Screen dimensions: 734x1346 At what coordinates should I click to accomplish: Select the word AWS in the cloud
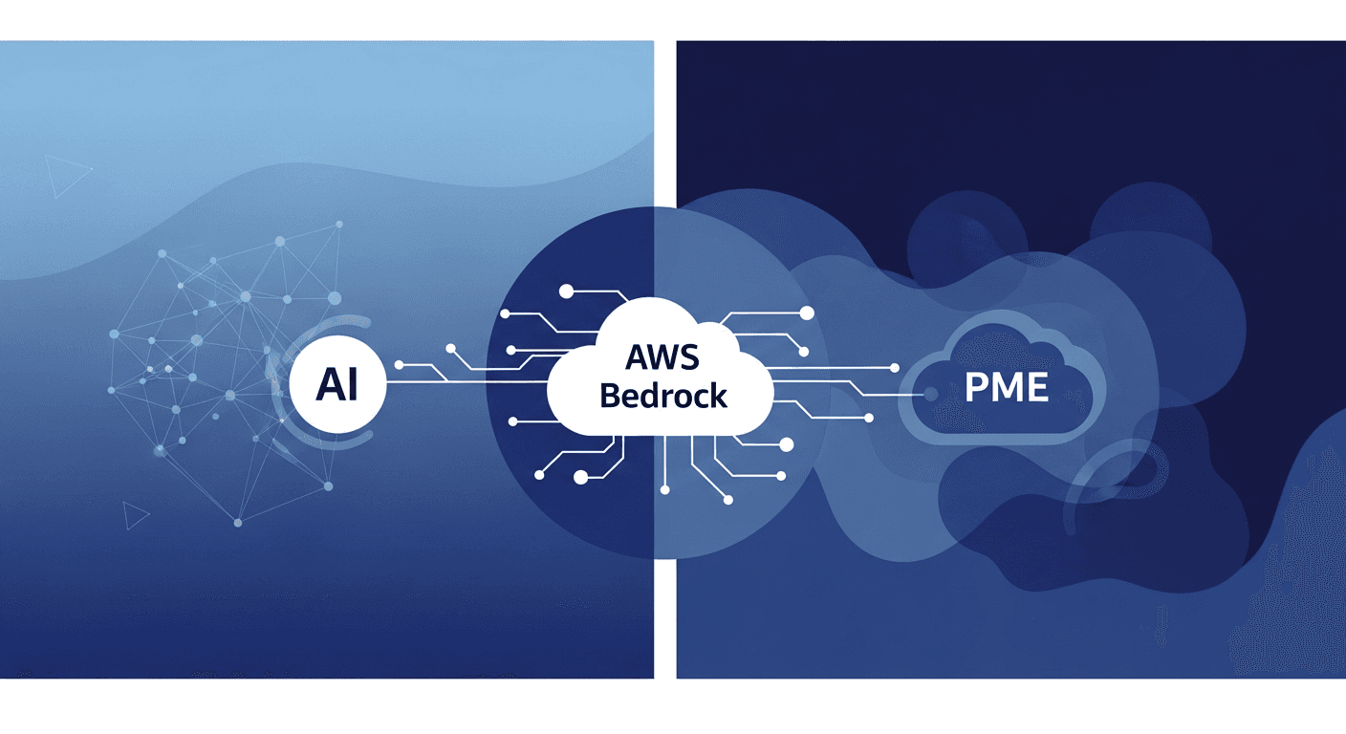coord(662,357)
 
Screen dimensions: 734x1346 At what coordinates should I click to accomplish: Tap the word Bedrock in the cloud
coord(662,395)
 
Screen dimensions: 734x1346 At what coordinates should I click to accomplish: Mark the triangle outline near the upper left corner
coord(65,176)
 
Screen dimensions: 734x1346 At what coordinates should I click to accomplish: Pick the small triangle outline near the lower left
coord(135,516)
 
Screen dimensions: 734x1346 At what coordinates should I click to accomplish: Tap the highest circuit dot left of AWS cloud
coord(567,290)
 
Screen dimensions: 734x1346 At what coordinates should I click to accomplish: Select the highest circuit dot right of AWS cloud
coord(806,313)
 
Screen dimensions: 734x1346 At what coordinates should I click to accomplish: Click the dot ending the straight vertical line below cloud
coord(662,488)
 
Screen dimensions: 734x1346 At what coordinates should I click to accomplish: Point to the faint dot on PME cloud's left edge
coord(930,393)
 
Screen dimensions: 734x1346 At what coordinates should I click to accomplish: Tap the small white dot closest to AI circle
coord(400,365)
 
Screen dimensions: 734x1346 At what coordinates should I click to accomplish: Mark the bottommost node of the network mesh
coord(238,523)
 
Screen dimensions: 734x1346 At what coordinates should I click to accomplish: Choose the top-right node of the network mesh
coord(338,226)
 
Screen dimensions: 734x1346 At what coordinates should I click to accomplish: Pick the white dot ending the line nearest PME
coord(895,367)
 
